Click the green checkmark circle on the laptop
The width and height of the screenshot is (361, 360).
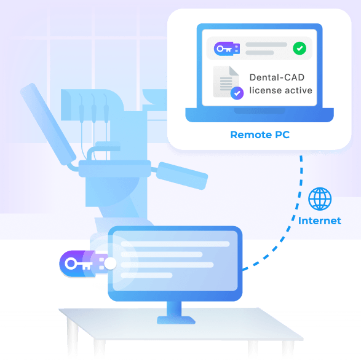pyautogui.click(x=300, y=49)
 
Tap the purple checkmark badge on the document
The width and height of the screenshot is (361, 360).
pyautogui.click(x=237, y=93)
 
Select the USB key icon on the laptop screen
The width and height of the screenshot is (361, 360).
pyautogui.click(x=227, y=49)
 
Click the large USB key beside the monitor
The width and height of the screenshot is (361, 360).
pyautogui.click(x=84, y=264)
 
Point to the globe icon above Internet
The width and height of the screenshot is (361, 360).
pyautogui.click(x=320, y=199)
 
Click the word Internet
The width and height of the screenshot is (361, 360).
pyautogui.click(x=320, y=221)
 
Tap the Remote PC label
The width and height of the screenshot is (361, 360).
pyautogui.click(x=260, y=135)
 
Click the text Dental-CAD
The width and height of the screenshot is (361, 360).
pyautogui.click(x=277, y=77)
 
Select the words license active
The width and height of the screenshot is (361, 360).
pyautogui.click(x=280, y=90)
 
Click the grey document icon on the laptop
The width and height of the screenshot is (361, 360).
pyautogui.click(x=226, y=82)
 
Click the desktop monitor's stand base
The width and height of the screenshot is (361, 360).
pyautogui.click(x=176, y=320)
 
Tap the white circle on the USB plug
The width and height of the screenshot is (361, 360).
pyautogui.click(x=110, y=264)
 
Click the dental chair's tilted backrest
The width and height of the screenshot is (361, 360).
pyautogui.click(x=48, y=124)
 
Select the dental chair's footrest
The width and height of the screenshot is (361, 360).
pyautogui.click(x=182, y=176)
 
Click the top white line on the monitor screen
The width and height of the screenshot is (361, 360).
pyautogui.click(x=175, y=244)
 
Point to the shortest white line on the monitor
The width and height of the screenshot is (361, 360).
pyautogui.click(x=146, y=275)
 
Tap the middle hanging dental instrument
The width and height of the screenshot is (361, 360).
pyautogui.click(x=93, y=108)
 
